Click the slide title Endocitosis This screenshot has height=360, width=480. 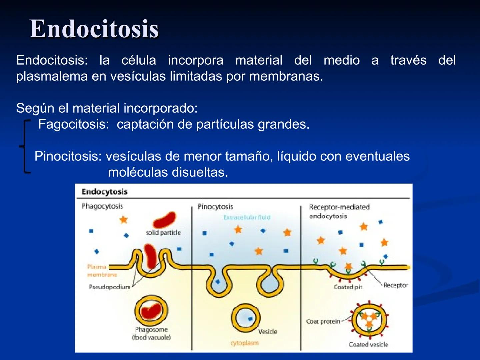pyautogui.click(x=94, y=29)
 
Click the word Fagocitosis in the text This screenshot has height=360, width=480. pyautogui.click(x=73, y=124)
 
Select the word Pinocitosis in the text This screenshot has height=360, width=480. pyautogui.click(x=68, y=156)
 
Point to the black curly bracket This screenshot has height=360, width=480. pyautogui.click(x=24, y=147)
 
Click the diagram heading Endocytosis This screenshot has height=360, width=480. pyautogui.click(x=104, y=192)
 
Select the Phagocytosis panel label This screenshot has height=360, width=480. pyautogui.click(x=102, y=206)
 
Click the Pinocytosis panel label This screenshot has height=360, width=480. pyautogui.click(x=215, y=207)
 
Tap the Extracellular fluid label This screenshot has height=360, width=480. pyautogui.click(x=247, y=217)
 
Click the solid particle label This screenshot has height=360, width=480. pyautogui.click(x=163, y=233)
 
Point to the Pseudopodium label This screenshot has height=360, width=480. pyautogui.click(x=110, y=287)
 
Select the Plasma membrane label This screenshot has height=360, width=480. pyautogui.click(x=97, y=271)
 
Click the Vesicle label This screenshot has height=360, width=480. pyautogui.click(x=268, y=331)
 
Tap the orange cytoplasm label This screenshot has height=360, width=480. pyautogui.click(x=244, y=343)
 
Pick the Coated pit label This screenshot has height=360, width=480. pyautogui.click(x=348, y=287)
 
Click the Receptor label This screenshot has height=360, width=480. pyautogui.click(x=396, y=285)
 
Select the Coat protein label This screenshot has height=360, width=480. pyautogui.click(x=323, y=322)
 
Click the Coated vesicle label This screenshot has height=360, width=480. pyautogui.click(x=368, y=345)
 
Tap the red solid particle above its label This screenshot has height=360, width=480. pyautogui.click(x=164, y=220)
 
